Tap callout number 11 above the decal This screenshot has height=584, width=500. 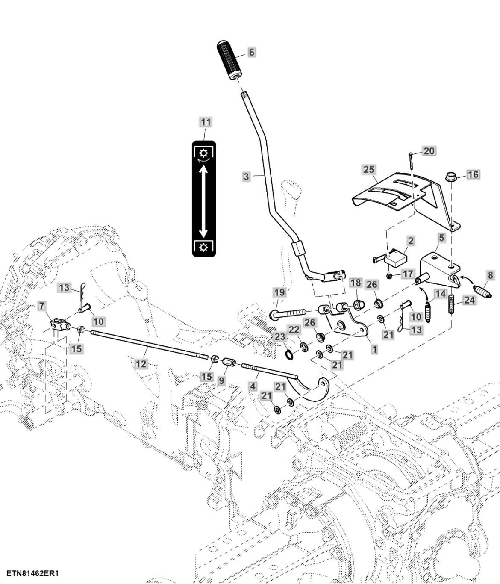pyautogui.click(x=206, y=122)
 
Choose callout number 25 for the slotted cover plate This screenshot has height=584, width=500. pyautogui.click(x=369, y=169)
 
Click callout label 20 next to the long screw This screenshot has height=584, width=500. pyautogui.click(x=429, y=151)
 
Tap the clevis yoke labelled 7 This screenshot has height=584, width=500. pyautogui.click(x=59, y=325)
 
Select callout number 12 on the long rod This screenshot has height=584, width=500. pyautogui.click(x=141, y=364)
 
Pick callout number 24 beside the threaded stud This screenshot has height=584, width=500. pyautogui.click(x=469, y=301)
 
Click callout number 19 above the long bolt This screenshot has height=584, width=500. pyautogui.click(x=279, y=293)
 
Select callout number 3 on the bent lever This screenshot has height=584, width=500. pyautogui.click(x=246, y=176)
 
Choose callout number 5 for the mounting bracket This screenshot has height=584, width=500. pyautogui.click(x=441, y=238)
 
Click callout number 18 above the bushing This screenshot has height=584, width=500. pyautogui.click(x=355, y=283)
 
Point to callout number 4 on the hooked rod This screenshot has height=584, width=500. pyautogui.click(x=253, y=386)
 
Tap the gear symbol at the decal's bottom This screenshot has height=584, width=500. pyautogui.click(x=203, y=247)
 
